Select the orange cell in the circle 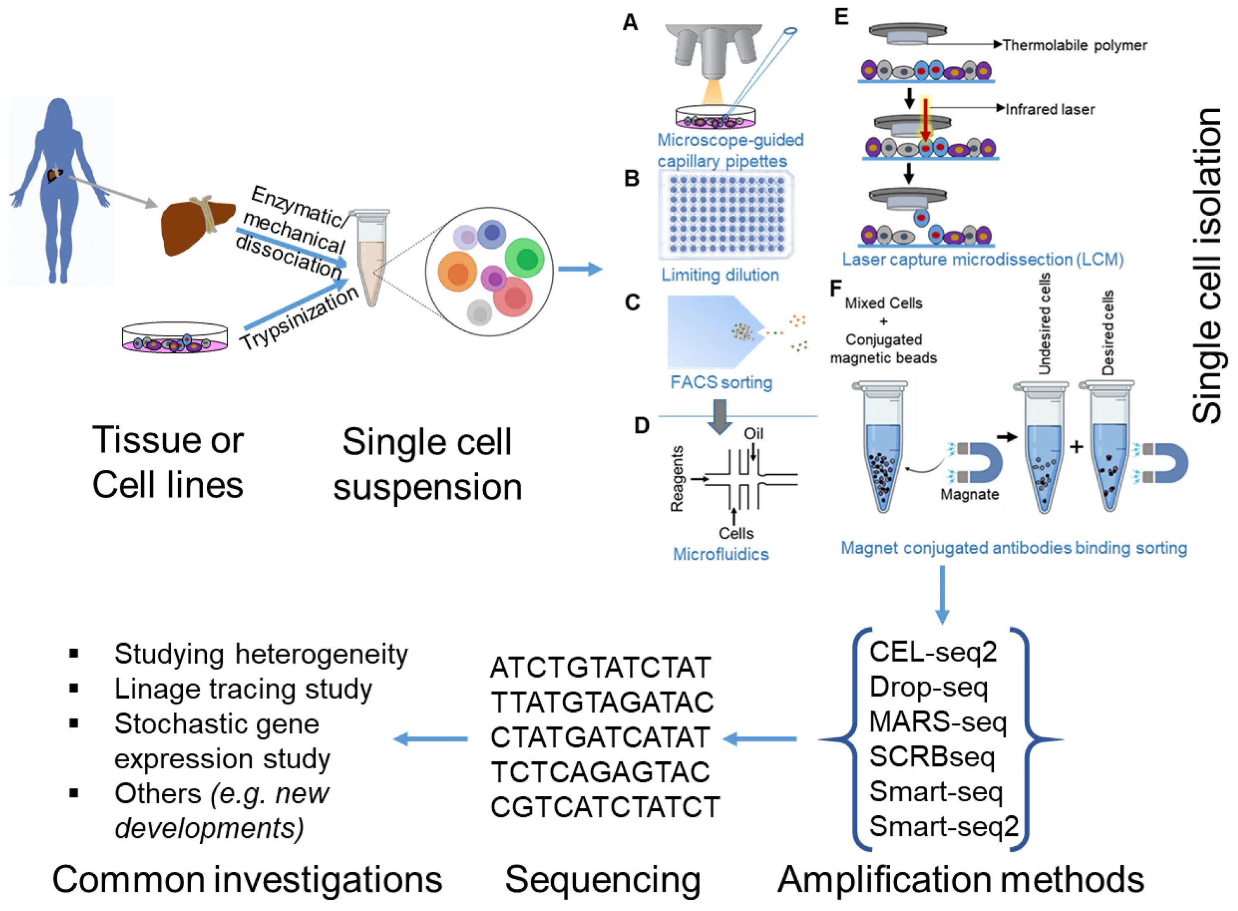pyautogui.click(x=457, y=271)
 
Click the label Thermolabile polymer pyautogui.click(x=1075, y=45)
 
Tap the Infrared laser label pyautogui.click(x=1050, y=109)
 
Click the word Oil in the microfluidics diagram pyautogui.click(x=754, y=433)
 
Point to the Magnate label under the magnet pyautogui.click(x=969, y=494)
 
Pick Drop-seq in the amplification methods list pyautogui.click(x=928, y=687)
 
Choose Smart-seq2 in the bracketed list pyautogui.click(x=944, y=826)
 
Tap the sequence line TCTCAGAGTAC pyautogui.click(x=600, y=772)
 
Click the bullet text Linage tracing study pyautogui.click(x=243, y=689)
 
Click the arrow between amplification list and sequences pyautogui.click(x=759, y=738)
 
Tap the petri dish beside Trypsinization pyautogui.click(x=175, y=337)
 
